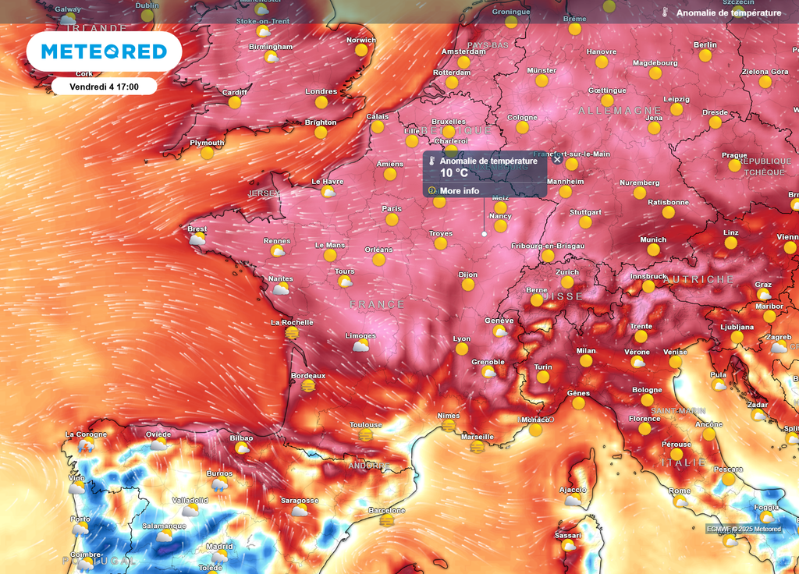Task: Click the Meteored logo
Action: point(104,51)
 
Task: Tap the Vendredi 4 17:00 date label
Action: point(104,86)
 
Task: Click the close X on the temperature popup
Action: point(557,159)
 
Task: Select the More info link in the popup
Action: point(459,191)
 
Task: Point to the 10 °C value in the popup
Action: point(453,173)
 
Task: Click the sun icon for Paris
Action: point(392,220)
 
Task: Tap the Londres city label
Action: point(321,91)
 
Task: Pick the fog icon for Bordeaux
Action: point(308,386)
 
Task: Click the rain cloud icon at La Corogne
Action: point(86,445)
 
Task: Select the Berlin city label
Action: point(705,44)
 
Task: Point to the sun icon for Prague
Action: point(734,165)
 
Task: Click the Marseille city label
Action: point(478,437)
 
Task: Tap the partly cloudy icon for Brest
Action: point(197,239)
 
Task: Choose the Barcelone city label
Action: point(386,510)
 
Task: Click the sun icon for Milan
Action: point(586,361)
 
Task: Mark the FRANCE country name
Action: point(377,304)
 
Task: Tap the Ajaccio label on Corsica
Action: point(573,490)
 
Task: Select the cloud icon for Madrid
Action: point(220,557)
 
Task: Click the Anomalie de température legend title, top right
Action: point(728,13)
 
